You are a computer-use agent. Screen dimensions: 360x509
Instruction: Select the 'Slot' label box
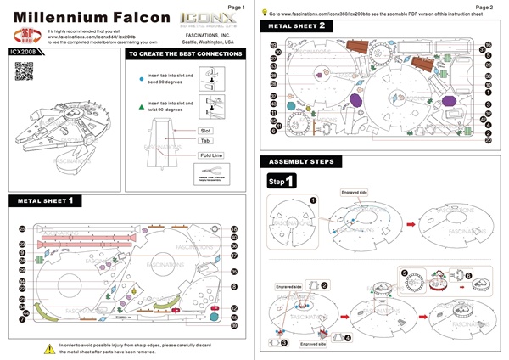click(204, 132)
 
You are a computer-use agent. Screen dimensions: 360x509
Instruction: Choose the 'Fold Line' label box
click(210, 155)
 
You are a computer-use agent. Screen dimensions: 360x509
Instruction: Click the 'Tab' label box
click(204, 141)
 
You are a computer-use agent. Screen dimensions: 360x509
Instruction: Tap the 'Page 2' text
click(484, 7)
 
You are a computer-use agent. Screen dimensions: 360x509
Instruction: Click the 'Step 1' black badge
click(282, 181)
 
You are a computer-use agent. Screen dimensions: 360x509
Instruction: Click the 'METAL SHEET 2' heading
click(296, 26)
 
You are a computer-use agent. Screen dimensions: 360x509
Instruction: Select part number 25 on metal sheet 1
click(22, 229)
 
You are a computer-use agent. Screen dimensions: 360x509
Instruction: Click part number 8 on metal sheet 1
click(234, 287)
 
